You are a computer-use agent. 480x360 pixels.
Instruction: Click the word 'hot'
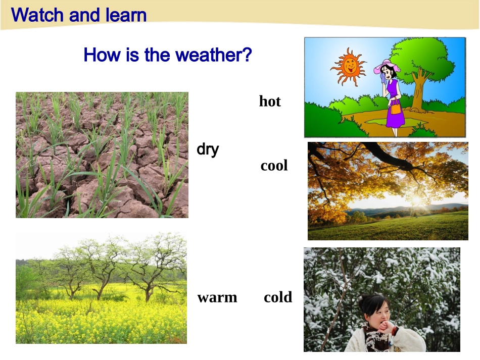(270, 101)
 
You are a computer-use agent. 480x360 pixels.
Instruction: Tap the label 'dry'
(208, 149)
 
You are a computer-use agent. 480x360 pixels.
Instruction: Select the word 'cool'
(274, 166)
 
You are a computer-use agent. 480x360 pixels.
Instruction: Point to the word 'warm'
(217, 297)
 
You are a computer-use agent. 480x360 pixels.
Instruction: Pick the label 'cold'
(278, 297)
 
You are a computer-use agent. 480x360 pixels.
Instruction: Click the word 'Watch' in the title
(38, 15)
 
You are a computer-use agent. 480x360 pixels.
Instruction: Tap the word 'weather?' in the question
(213, 55)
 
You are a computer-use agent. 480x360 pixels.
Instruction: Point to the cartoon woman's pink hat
(387, 66)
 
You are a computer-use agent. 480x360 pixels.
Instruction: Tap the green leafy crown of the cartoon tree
(422, 60)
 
